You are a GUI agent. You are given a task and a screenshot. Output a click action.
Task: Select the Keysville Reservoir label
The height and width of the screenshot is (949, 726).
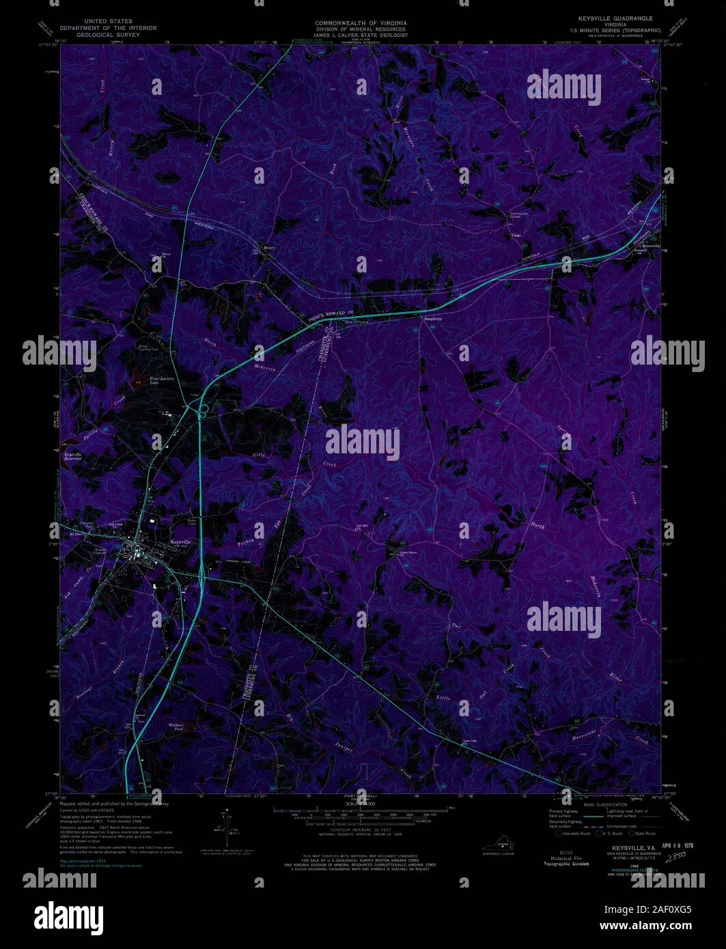[73, 456]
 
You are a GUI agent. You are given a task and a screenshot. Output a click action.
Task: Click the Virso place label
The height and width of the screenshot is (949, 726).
[516, 234]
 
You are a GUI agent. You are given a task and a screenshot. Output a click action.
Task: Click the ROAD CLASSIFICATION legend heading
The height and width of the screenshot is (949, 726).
[604, 805]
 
